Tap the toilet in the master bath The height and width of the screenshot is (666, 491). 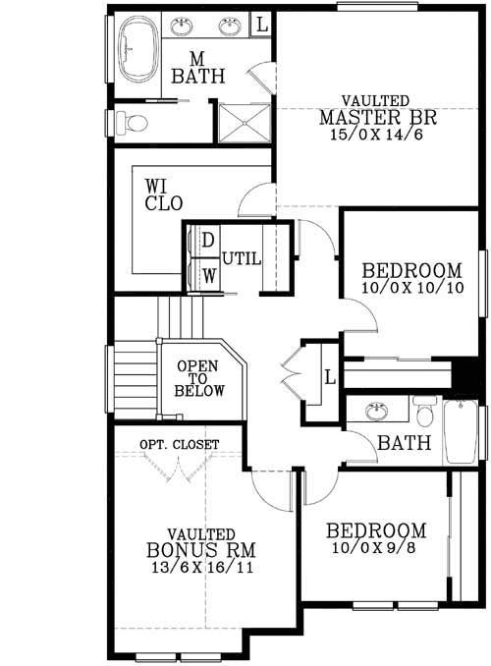coord(132,123)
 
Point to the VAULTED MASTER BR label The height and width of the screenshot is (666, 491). coord(376,110)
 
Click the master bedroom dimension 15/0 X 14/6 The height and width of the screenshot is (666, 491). coord(376,135)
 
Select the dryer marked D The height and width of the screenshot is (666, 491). coord(208,240)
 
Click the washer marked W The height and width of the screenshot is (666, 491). coord(208,274)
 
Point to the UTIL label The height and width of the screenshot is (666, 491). coord(242,258)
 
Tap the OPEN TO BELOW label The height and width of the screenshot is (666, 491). coord(199,377)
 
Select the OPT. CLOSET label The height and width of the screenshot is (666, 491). coord(179,444)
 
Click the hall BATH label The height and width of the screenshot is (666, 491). coord(406,444)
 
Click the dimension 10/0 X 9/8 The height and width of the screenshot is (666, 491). coord(376,548)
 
